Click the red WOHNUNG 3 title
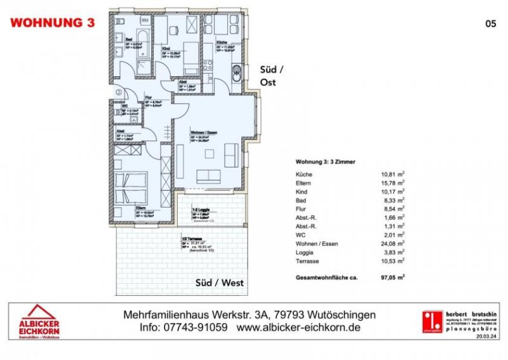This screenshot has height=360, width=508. [x=53, y=23]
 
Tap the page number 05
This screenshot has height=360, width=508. [x=490, y=23]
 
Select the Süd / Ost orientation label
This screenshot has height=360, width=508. [x=270, y=76]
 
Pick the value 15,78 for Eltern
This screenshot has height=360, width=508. [x=389, y=185]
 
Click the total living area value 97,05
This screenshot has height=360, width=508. [x=389, y=277]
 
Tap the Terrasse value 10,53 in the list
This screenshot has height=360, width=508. [x=389, y=262]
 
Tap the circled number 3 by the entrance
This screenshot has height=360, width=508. [x=117, y=91]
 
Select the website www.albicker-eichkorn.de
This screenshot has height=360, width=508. [x=298, y=328]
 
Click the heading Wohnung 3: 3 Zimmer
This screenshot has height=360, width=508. [x=326, y=163]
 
